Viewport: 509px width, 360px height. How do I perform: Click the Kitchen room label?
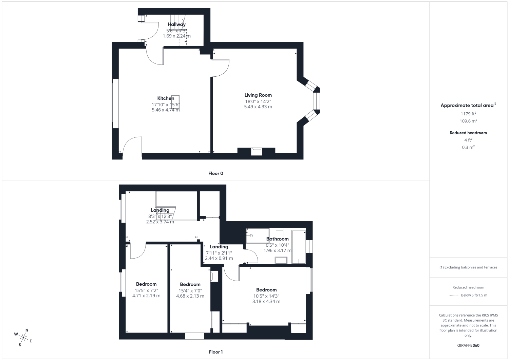click(166, 98)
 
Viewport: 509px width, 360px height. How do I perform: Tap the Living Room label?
click(258, 95)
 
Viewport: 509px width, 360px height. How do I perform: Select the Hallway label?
click(176, 24)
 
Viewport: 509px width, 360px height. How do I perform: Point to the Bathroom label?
click(277, 239)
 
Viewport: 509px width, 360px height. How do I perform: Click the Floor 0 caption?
click(215, 173)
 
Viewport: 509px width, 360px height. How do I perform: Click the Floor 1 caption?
click(215, 352)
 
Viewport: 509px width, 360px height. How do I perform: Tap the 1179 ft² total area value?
click(468, 114)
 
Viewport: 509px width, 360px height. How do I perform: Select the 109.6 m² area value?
click(468, 121)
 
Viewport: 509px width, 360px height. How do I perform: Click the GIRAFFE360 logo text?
click(468, 345)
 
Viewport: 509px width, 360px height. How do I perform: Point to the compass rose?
click(23, 338)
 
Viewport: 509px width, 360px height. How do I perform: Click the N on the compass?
click(26, 330)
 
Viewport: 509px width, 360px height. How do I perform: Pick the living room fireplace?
click(257, 152)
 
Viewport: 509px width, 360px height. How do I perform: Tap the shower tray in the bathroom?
click(258, 236)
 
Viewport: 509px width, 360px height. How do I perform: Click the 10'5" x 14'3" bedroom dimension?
click(266, 296)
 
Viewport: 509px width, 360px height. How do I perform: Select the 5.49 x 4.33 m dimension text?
click(258, 107)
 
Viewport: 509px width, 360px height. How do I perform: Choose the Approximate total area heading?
click(468, 105)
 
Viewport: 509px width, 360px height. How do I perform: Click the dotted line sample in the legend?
click(454, 296)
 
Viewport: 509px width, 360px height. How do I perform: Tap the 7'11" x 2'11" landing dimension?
click(219, 253)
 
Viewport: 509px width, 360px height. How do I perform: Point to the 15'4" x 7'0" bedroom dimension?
click(190, 291)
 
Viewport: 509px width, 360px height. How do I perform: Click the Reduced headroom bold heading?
click(468, 133)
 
